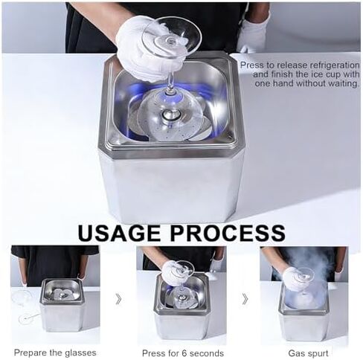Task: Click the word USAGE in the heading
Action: [x=123, y=233]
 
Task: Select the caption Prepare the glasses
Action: [x=54, y=353]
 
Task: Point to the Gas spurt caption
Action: [x=306, y=353]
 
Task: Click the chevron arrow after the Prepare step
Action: [x=118, y=299]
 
